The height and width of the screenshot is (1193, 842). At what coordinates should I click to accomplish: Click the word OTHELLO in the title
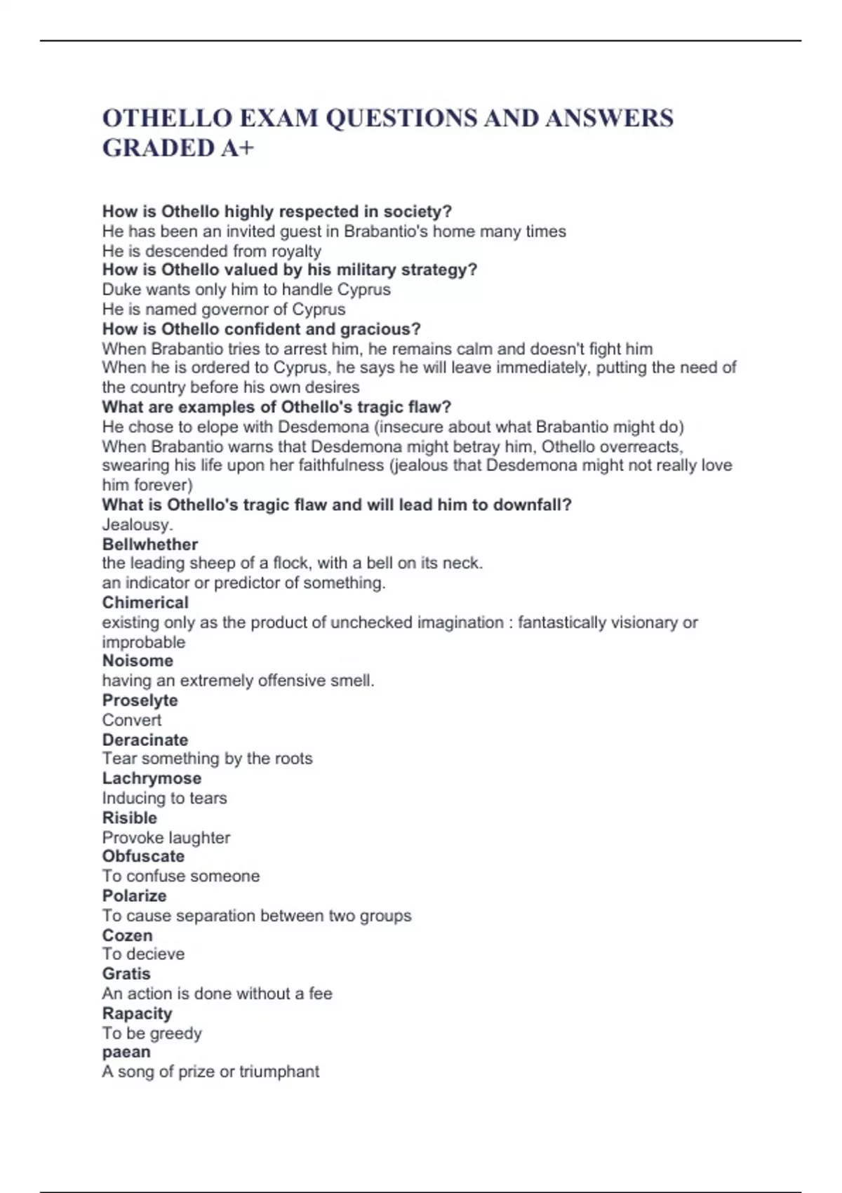(167, 118)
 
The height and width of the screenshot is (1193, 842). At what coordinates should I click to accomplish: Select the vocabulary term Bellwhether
(150, 544)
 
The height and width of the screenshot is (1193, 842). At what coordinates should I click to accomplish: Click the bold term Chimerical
(145, 602)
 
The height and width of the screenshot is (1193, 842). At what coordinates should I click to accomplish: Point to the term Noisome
(138, 660)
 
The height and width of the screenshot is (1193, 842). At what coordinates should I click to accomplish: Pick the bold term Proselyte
(140, 700)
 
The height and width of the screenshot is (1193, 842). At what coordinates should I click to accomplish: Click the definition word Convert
(132, 719)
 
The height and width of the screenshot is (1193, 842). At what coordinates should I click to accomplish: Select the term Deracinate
(145, 739)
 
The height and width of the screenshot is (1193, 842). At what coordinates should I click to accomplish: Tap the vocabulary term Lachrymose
(152, 778)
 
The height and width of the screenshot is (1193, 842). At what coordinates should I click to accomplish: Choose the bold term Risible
(130, 818)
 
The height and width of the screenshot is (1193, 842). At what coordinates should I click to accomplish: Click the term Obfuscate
(143, 856)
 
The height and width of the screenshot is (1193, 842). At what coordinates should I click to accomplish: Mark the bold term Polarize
(134, 895)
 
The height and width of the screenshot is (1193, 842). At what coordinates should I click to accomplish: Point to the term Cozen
(127, 935)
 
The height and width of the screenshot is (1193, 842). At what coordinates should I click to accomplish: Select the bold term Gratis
(126, 973)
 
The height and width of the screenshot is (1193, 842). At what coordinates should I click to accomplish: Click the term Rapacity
(137, 1013)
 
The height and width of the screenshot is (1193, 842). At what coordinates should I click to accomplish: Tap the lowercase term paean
(126, 1051)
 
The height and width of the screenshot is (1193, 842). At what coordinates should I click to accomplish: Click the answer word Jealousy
(136, 524)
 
